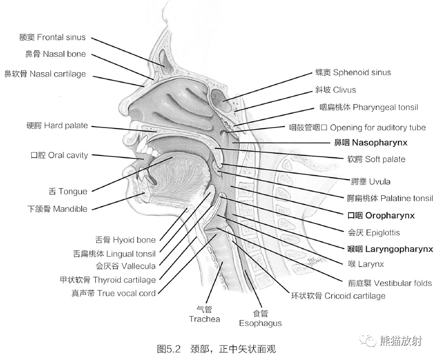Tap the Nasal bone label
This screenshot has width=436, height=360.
click(x=55, y=54)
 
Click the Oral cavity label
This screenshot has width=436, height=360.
click(x=59, y=155)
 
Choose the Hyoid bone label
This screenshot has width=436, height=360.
click(x=126, y=240)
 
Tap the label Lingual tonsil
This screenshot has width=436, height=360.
click(x=114, y=254)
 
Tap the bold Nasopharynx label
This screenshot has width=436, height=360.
click(x=371, y=142)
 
